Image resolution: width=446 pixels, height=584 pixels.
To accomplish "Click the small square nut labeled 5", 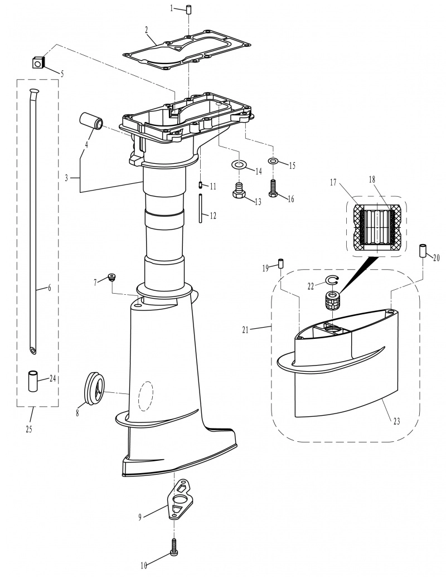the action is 38,62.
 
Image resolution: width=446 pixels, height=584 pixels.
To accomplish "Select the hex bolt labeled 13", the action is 237,190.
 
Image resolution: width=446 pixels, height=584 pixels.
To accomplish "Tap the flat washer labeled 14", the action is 238,164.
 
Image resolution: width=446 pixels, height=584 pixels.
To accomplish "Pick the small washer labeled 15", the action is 273,161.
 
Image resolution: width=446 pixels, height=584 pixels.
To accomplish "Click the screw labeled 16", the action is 273,188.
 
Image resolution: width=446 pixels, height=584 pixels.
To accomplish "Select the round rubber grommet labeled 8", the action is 95,388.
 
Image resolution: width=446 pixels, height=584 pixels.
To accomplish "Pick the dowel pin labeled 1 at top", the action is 190,8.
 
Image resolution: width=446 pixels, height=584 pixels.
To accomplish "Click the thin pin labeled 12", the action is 201,208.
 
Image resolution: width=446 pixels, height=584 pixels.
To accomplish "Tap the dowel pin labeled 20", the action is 423,252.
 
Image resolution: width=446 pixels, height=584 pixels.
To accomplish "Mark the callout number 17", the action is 333,183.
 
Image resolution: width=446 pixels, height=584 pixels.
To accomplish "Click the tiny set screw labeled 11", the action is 201,184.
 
